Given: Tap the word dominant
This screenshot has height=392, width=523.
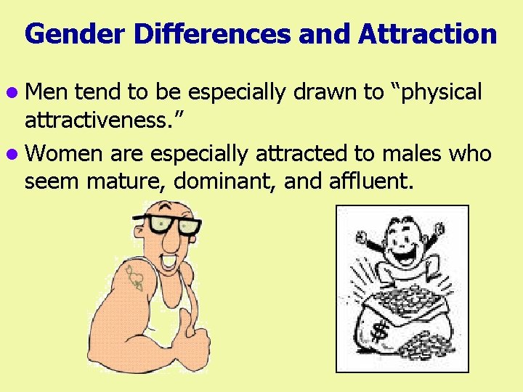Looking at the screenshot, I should click(x=224, y=179).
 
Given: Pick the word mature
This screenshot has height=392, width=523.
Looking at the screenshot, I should click(x=126, y=181).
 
